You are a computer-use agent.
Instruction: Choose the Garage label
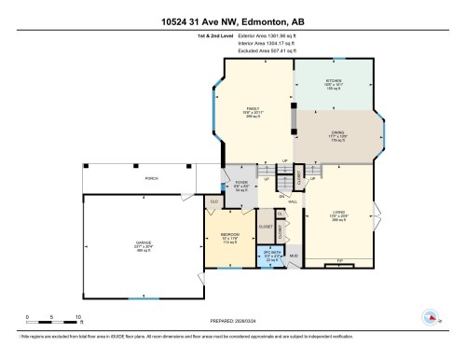click(144, 247)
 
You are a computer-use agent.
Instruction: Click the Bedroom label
click(230, 237)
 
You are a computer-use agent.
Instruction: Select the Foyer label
click(241, 185)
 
